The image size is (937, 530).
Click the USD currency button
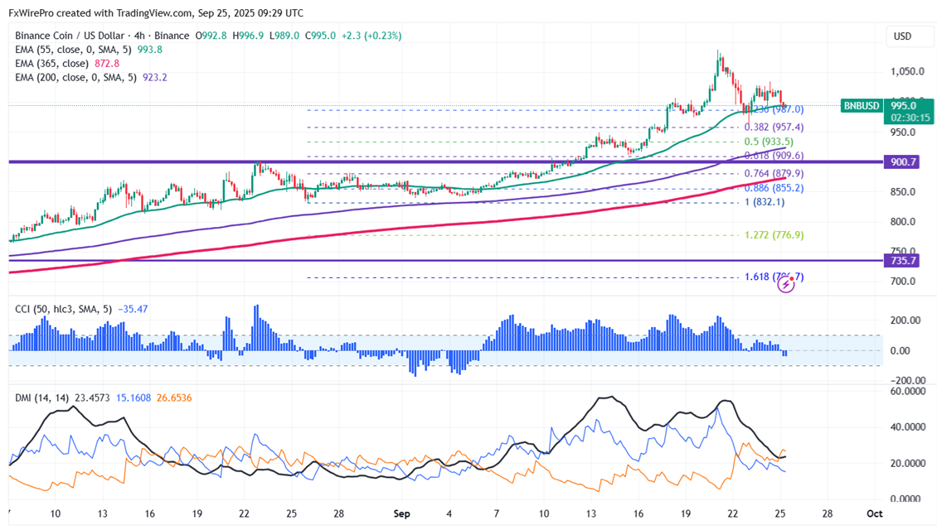pyautogui.click(x=901, y=36)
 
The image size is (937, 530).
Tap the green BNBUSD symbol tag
pyautogui.click(x=862, y=105)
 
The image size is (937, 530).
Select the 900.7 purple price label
pyautogui.click(x=903, y=162)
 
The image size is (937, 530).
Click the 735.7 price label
pyautogui.click(x=903, y=260)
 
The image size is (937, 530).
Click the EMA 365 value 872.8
pyautogui.click(x=108, y=63)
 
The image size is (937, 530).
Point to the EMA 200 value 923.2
pyautogui.click(x=155, y=77)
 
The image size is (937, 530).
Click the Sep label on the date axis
pyautogui.click(x=401, y=513)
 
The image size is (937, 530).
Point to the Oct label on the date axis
pyautogui.click(x=875, y=513)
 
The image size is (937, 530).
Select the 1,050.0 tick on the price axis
pyautogui.click(x=901, y=71)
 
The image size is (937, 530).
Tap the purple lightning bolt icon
pyautogui.click(x=787, y=285)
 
